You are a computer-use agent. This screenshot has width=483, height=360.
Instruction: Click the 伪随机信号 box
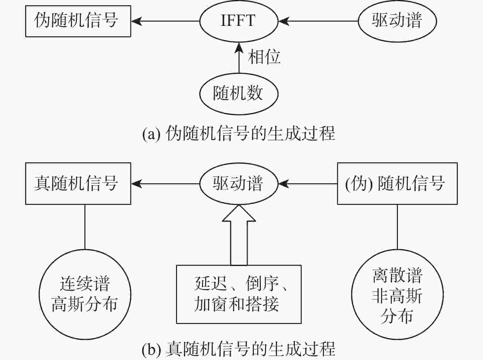tap(78, 21)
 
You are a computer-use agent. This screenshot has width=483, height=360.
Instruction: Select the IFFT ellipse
tap(239, 21)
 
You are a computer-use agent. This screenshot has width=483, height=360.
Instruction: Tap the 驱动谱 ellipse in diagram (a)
tap(397, 21)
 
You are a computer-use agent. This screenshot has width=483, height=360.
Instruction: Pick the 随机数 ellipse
tap(239, 94)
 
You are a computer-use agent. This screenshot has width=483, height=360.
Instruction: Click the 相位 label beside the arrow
tap(264, 57)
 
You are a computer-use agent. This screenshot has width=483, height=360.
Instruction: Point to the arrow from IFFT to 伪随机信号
tap(165, 21)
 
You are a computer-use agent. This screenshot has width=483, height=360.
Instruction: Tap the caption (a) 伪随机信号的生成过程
tap(239, 134)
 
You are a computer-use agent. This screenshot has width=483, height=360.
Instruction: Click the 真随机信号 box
tap(78, 184)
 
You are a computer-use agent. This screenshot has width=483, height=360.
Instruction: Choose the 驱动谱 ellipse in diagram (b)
tap(239, 184)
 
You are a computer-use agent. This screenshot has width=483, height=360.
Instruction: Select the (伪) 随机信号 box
tap(397, 184)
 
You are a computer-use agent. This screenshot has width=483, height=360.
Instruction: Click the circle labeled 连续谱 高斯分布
tap(85, 295)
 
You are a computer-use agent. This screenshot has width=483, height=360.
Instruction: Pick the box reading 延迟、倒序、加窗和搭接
tap(239, 294)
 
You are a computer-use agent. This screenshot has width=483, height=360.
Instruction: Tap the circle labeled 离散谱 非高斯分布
tap(397, 295)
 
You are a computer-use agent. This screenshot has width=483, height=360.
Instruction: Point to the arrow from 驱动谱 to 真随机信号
tap(165, 184)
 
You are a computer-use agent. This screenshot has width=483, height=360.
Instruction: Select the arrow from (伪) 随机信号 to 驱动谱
tap(308, 184)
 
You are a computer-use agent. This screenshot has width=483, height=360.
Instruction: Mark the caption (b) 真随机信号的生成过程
tap(239, 350)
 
